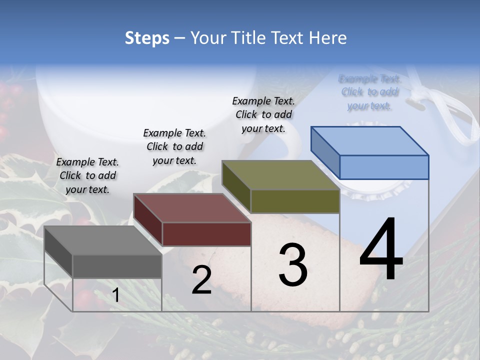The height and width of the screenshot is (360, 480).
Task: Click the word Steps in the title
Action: (147, 38)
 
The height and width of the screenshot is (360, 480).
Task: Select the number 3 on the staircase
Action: (293, 265)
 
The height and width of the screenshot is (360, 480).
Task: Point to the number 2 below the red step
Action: (201, 280)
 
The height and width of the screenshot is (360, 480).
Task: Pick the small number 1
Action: (115, 295)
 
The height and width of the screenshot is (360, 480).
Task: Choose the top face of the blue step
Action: (370, 140)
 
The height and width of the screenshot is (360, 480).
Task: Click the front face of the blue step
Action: (384, 167)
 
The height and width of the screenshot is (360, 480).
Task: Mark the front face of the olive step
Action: (295, 201)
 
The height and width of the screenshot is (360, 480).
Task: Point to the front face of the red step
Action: (206, 234)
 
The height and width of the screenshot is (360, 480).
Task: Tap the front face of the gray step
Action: (117, 266)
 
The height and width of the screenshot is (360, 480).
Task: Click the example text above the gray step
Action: (87, 175)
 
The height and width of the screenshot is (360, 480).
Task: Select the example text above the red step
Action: (174, 146)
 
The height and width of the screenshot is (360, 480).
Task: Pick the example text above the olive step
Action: (263, 114)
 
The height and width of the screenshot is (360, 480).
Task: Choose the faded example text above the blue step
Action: (369, 92)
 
